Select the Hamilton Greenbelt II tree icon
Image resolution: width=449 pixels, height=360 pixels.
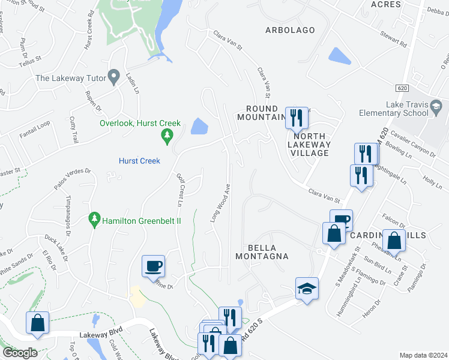point(94,221)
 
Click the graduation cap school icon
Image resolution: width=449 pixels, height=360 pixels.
point(306,289)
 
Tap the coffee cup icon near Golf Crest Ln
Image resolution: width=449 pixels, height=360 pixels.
point(153,265)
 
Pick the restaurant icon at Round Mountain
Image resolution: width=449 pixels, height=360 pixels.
point(295,117)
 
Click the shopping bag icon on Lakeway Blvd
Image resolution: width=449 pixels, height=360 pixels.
point(37,323)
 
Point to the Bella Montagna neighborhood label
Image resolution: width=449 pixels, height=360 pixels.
point(268,252)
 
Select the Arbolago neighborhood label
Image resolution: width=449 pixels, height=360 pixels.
point(291,29)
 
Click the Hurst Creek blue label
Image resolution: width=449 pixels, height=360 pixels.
point(139,161)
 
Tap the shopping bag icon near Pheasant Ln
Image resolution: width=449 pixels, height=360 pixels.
point(394,241)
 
